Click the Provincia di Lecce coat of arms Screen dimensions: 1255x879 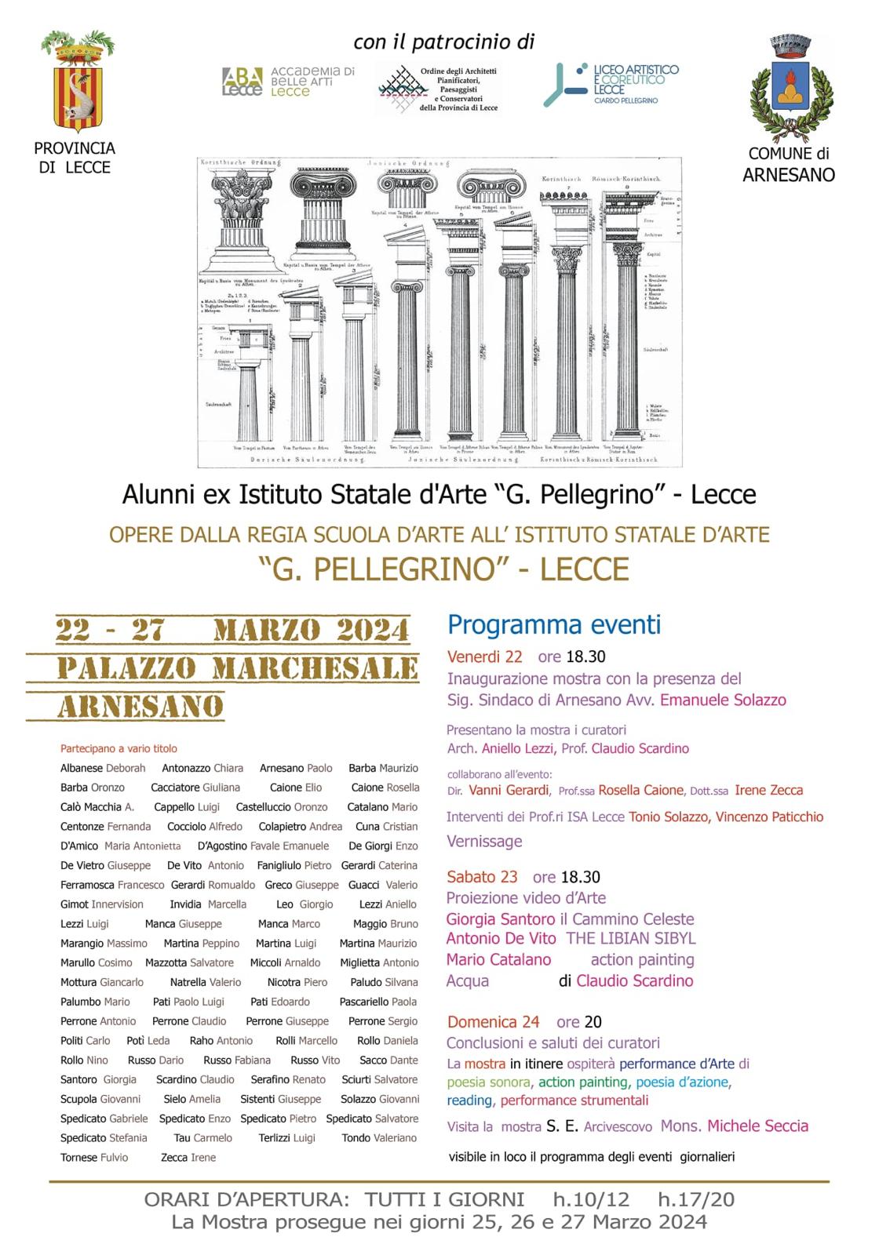tap(78, 82)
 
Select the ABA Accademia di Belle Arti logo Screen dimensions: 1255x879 tap(288, 82)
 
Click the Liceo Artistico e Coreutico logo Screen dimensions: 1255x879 tap(611, 84)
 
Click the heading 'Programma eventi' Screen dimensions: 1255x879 tap(554, 625)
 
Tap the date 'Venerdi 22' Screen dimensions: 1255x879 tap(484, 657)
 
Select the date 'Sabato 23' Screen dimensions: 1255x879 tap(482, 877)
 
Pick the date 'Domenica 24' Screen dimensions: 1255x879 tap(493, 1022)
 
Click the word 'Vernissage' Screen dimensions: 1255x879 tap(484, 842)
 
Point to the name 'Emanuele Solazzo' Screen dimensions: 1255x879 tap(723, 700)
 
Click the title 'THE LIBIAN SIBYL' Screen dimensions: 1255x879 tap(631, 939)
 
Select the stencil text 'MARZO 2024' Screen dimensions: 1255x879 tap(311, 630)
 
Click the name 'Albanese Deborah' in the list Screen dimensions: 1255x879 tap(103, 769)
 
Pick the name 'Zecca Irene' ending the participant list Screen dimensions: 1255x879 tap(188, 1158)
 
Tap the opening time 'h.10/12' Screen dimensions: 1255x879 tap(591, 1199)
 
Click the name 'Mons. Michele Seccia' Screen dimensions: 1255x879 tap(734, 1126)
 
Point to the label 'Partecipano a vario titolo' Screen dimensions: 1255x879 tap(119, 749)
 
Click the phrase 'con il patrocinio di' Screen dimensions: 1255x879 tap(443, 42)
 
